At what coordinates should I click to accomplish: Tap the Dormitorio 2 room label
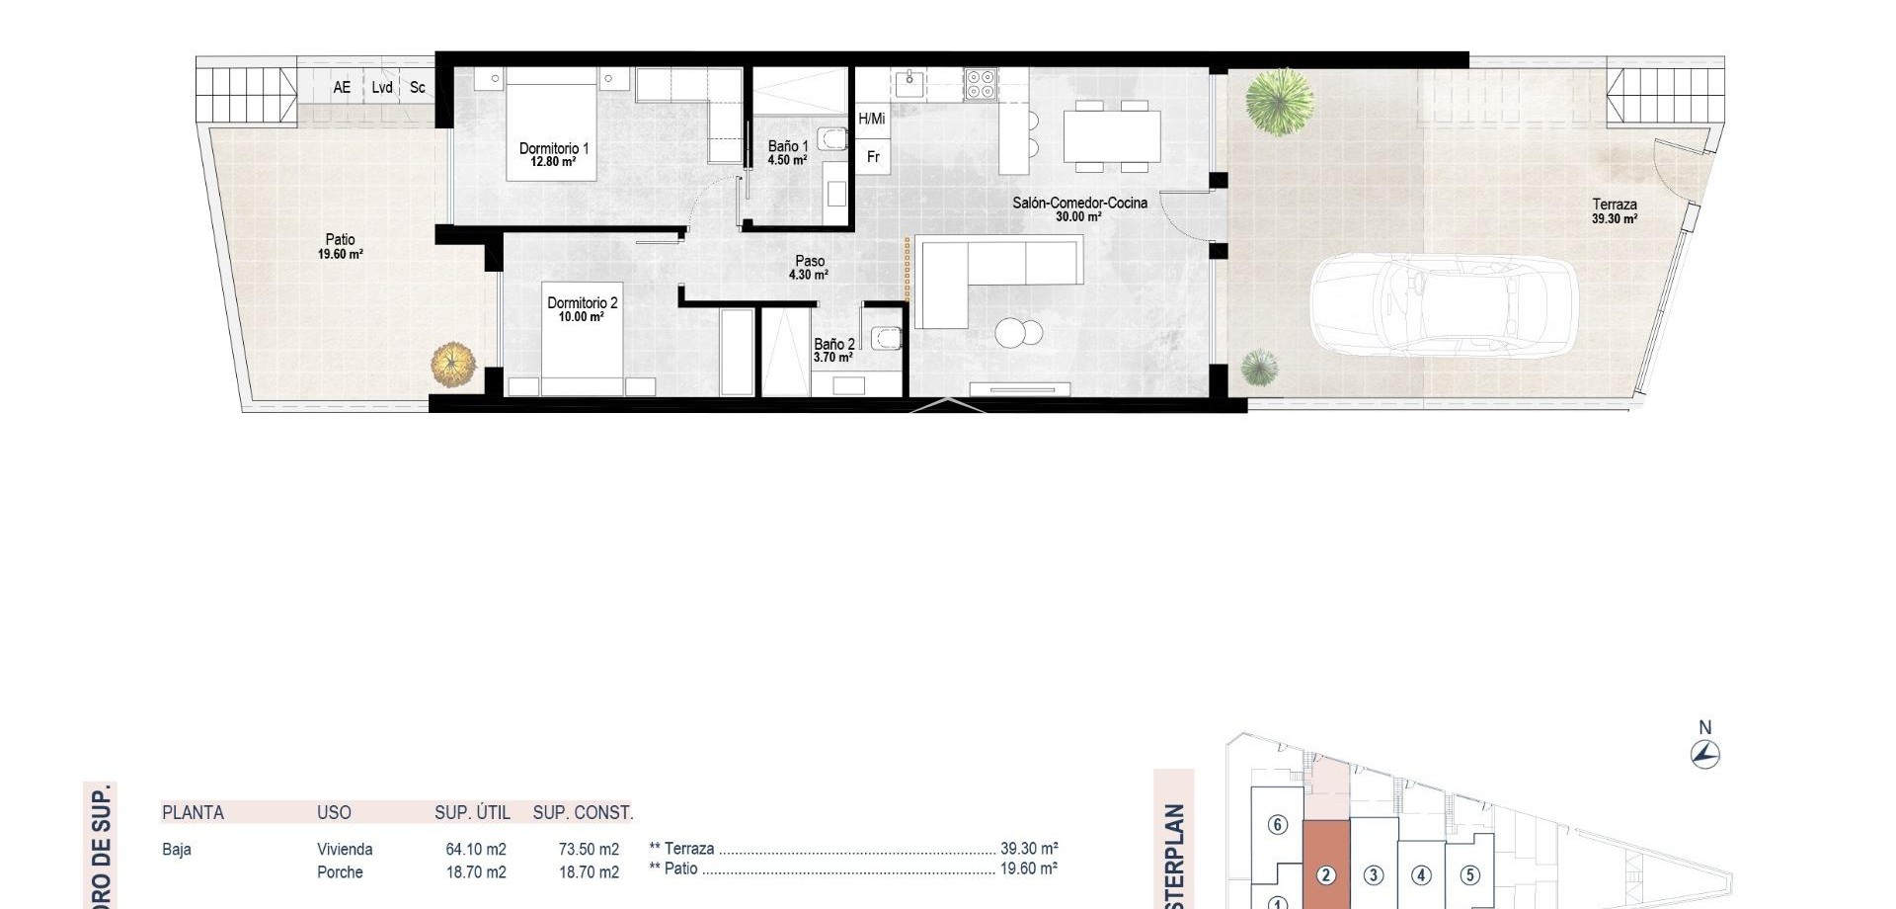(x=582, y=309)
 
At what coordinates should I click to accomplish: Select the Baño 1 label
(x=788, y=152)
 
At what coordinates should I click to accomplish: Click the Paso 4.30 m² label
(x=809, y=268)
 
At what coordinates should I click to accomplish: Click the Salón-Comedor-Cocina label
(x=1079, y=208)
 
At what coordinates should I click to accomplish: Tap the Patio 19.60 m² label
(x=340, y=246)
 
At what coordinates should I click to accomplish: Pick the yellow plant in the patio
(x=453, y=364)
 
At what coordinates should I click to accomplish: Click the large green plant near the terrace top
(x=1279, y=101)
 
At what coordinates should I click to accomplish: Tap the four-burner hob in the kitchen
(x=981, y=84)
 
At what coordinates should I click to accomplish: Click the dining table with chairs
(x=1111, y=136)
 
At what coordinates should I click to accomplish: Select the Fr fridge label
(x=873, y=157)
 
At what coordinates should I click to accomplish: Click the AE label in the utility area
(x=342, y=88)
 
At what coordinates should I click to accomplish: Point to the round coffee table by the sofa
(x=1016, y=333)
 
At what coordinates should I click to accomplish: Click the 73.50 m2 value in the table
(x=589, y=850)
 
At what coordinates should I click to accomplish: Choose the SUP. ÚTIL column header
(x=472, y=813)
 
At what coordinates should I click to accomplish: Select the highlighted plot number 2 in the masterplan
(x=1326, y=875)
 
